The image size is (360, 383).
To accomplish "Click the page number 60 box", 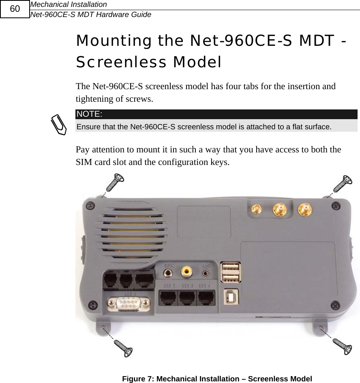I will (x=15, y=9).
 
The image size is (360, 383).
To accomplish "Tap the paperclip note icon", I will (x=59, y=124).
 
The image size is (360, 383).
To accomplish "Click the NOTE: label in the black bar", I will (x=89, y=114).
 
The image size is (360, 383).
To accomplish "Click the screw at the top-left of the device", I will (x=115, y=182).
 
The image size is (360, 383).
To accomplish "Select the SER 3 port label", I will (x=187, y=286).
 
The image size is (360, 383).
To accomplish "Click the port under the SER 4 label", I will (x=207, y=299).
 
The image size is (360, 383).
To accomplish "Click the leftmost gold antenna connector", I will (x=256, y=210).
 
